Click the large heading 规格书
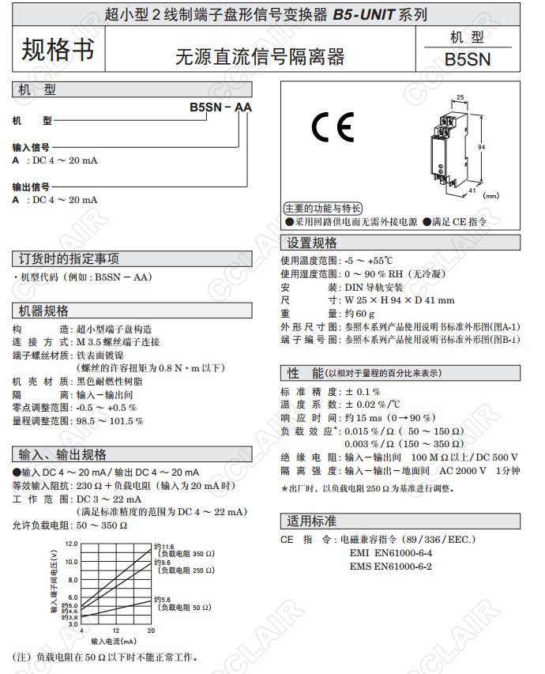57,50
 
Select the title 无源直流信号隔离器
260,57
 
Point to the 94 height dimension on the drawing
481,147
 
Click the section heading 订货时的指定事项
70,258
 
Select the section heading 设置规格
312,243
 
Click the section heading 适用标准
312,521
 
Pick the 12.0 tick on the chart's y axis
72,544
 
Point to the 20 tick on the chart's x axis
151,630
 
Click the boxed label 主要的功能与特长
323,209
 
